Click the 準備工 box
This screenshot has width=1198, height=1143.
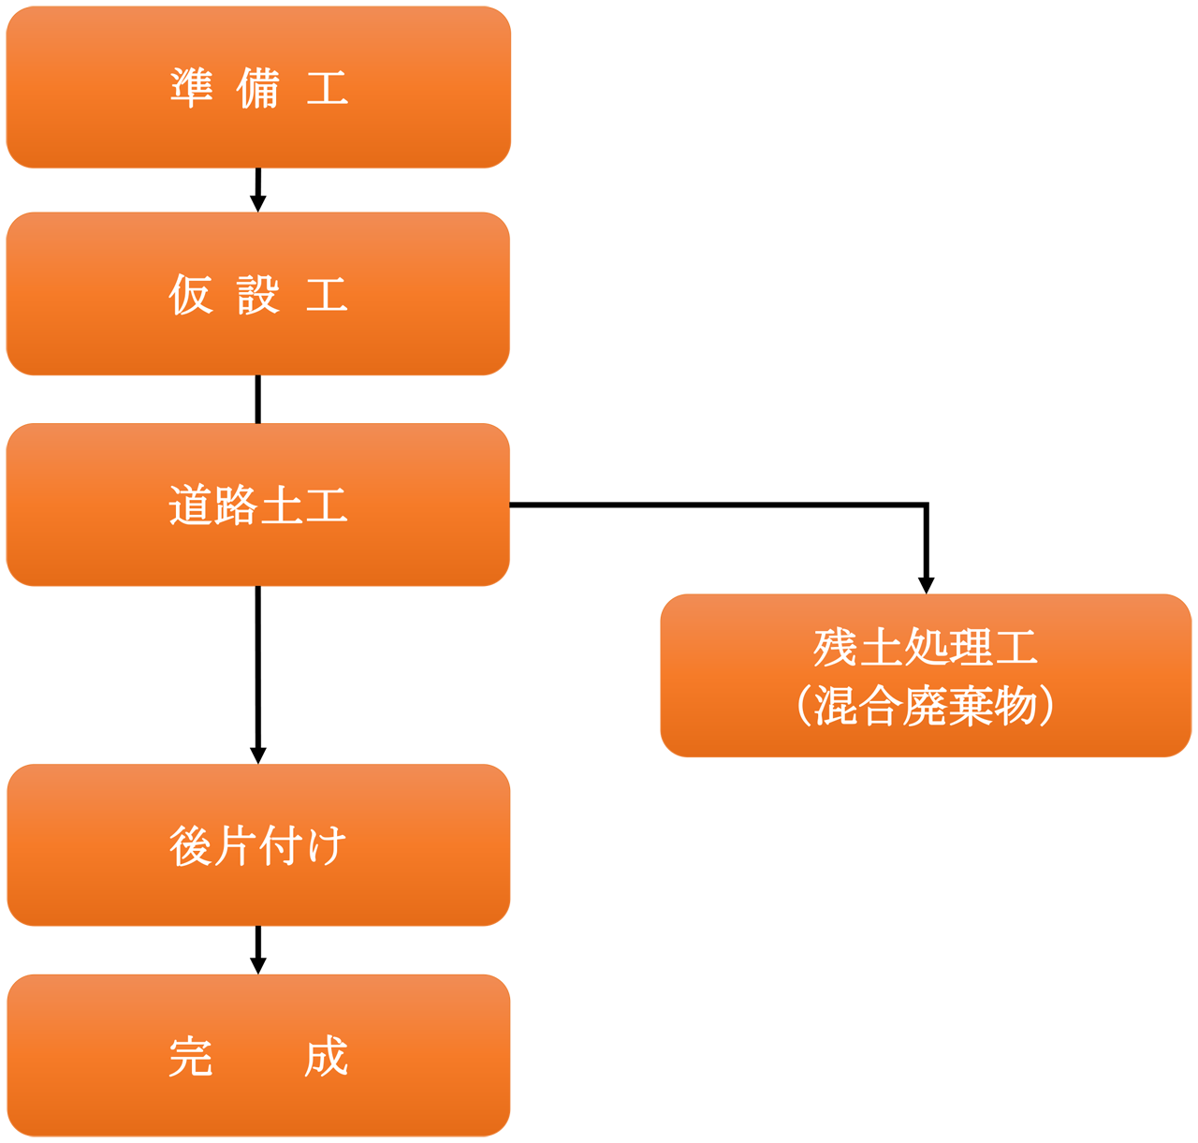[258, 88]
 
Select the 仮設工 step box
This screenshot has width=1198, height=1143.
[258, 294]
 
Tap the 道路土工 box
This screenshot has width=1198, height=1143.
[258, 505]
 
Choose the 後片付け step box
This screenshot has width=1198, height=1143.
[258, 845]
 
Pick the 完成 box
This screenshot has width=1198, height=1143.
[258, 1056]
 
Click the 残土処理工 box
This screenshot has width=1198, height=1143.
[926, 675]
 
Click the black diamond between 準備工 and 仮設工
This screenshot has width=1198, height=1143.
[258, 190]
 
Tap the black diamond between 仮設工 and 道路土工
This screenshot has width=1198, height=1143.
[258, 400]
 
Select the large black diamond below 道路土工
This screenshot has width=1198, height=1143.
[258, 675]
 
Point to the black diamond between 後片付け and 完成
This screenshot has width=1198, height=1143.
[258, 950]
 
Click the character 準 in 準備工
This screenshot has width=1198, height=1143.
[192, 89]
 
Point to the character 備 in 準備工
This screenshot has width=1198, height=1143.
[258, 89]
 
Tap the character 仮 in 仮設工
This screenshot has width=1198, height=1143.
[191, 295]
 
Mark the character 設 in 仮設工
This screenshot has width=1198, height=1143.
[258, 295]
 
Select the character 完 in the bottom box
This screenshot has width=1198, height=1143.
[191, 1057]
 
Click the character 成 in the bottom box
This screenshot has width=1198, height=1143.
[326, 1057]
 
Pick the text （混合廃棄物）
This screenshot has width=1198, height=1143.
[926, 706]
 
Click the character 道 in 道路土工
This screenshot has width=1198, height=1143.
[191, 506]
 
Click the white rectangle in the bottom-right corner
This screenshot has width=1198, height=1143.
[1076, 1048]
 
